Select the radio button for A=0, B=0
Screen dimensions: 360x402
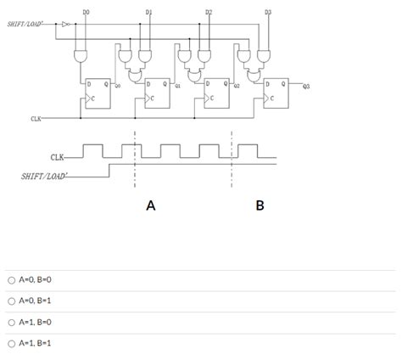(11, 280)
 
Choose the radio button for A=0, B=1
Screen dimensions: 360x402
(11, 301)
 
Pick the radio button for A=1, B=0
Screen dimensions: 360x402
(11, 323)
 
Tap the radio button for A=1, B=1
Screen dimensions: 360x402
(11, 344)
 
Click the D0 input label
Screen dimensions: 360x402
(87, 12)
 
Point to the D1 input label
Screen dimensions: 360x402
(149, 12)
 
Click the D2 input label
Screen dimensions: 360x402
(209, 12)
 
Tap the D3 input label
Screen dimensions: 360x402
(268, 12)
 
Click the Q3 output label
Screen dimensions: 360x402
(305, 87)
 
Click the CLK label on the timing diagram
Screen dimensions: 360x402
(58, 158)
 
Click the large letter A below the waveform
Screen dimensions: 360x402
(151, 205)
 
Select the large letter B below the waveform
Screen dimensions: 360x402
(260, 205)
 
